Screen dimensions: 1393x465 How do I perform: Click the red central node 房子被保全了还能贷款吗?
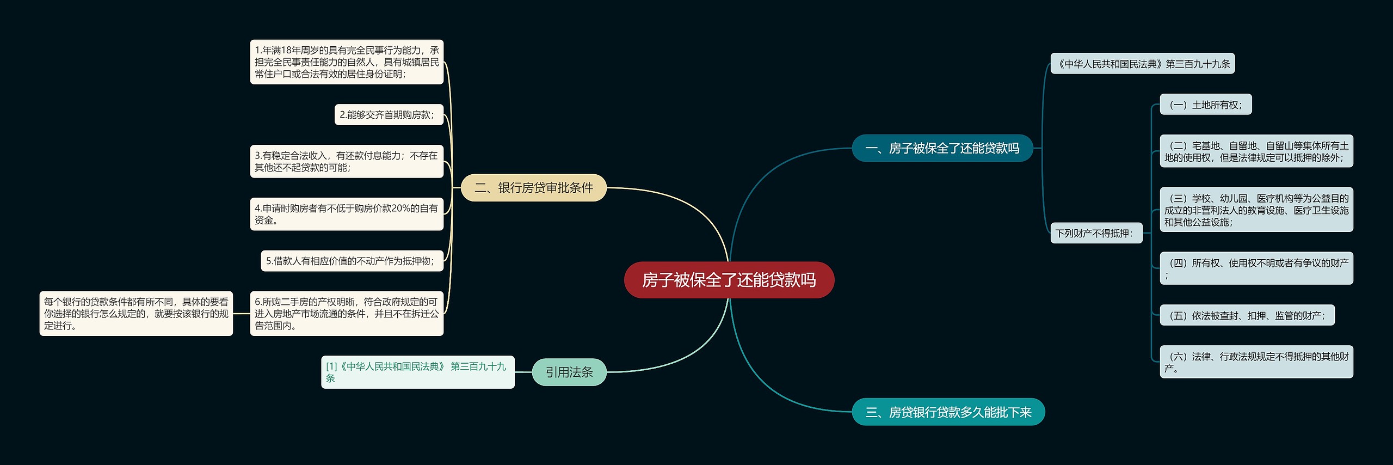pos(729,280)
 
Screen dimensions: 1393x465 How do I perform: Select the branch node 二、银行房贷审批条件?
pos(533,188)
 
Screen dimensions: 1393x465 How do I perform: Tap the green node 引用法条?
pos(569,372)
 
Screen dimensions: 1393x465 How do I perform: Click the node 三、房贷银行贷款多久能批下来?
pos(948,412)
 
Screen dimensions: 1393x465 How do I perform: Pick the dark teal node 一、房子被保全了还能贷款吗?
pos(942,148)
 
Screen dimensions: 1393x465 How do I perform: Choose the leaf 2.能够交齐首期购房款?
pos(389,115)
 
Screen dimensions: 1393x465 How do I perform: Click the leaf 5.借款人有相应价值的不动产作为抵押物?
pos(352,261)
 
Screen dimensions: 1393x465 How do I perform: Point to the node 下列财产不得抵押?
pos(1095,233)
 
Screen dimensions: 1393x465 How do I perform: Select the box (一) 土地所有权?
pos(1205,105)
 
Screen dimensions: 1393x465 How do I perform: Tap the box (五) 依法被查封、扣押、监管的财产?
pos(1247,315)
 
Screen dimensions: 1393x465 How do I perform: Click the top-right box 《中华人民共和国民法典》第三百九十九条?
pos(1142,64)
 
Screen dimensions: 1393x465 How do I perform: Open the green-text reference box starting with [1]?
pos(417,372)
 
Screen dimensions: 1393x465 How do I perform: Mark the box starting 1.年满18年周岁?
pos(347,62)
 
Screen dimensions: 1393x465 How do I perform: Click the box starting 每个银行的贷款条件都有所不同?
pos(136,314)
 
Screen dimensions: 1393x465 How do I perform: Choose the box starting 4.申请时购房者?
pos(347,214)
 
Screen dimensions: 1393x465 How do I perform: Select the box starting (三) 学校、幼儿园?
pos(1256,210)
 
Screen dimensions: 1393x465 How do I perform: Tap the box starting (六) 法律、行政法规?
pos(1256,362)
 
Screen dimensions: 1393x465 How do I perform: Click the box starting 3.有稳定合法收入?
pos(347,162)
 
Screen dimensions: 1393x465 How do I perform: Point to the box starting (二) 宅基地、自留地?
pos(1256,151)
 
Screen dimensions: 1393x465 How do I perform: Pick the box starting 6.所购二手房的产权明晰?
pos(347,314)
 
